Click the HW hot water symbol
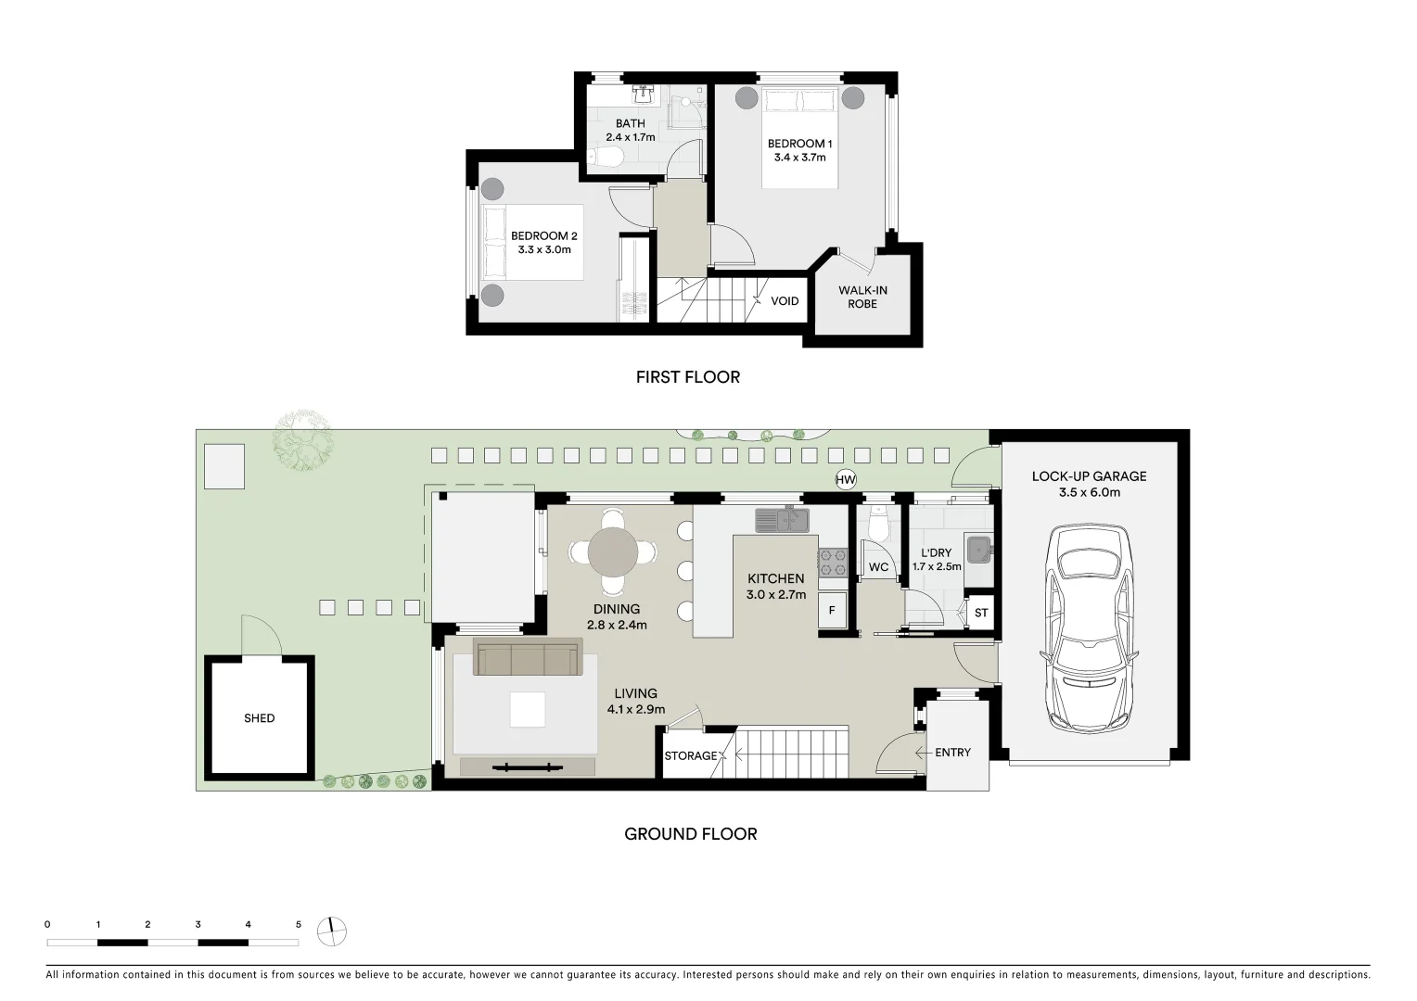point(845,480)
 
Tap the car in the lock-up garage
point(1089,631)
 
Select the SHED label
point(260,718)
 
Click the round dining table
point(613,552)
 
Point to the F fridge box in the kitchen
point(832,612)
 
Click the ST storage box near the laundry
point(981,614)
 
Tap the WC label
point(878,568)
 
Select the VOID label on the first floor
point(785,301)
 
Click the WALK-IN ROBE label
point(862,298)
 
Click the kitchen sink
point(782,520)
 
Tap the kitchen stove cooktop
point(832,558)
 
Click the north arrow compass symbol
point(331,931)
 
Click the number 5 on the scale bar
point(298,924)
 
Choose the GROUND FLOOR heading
point(691,834)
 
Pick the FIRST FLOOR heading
point(687,377)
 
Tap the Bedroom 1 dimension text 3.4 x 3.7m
point(799,158)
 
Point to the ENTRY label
point(952,753)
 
